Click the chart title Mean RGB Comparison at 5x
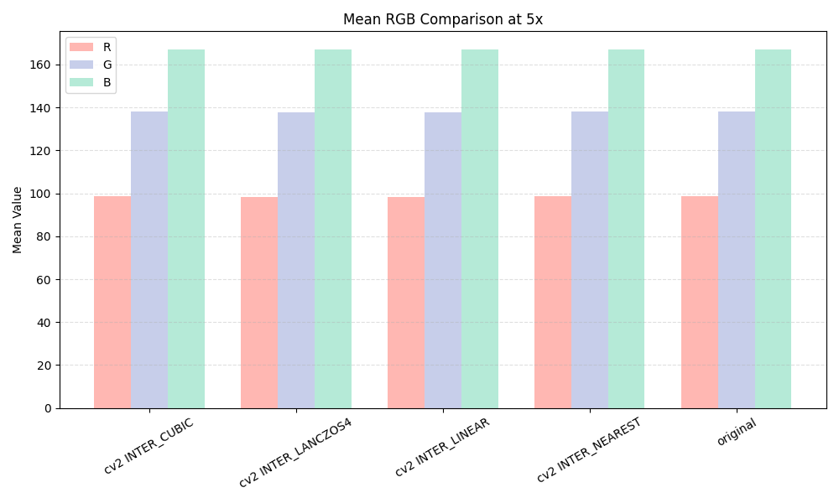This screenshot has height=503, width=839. [443, 19]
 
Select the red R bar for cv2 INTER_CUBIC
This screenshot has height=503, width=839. [112, 302]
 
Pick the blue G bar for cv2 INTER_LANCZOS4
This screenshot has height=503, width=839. [296, 260]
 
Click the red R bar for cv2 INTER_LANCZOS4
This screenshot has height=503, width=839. [259, 303]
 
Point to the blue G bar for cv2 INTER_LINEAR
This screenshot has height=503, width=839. [443, 260]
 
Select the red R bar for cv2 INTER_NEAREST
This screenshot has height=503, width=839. [553, 302]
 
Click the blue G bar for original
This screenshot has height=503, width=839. [737, 260]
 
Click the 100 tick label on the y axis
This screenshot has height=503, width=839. [42, 194]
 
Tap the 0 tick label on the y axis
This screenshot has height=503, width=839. [48, 408]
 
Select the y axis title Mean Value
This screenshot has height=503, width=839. [18, 220]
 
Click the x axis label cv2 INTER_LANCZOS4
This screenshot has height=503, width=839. [295, 453]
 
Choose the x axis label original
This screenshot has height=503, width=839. [737, 433]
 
